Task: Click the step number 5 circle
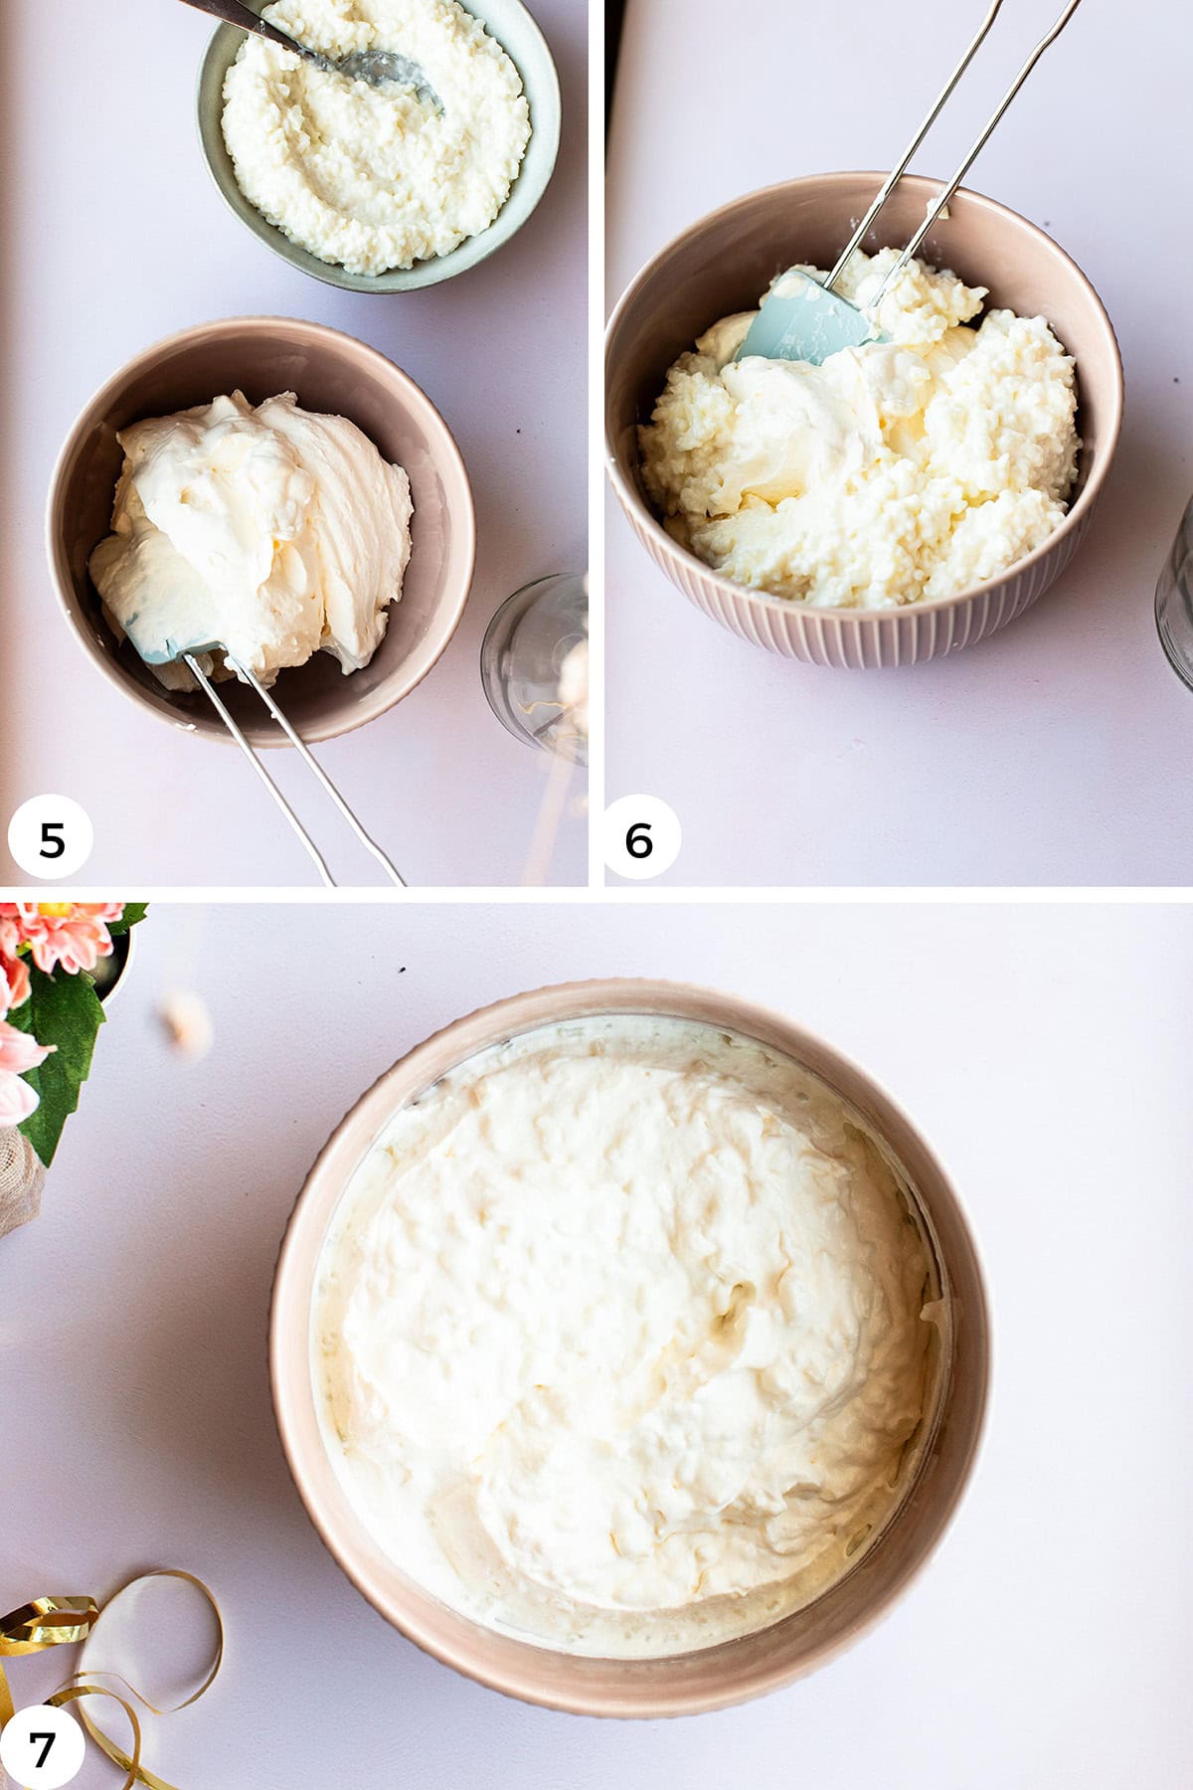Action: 51,839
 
